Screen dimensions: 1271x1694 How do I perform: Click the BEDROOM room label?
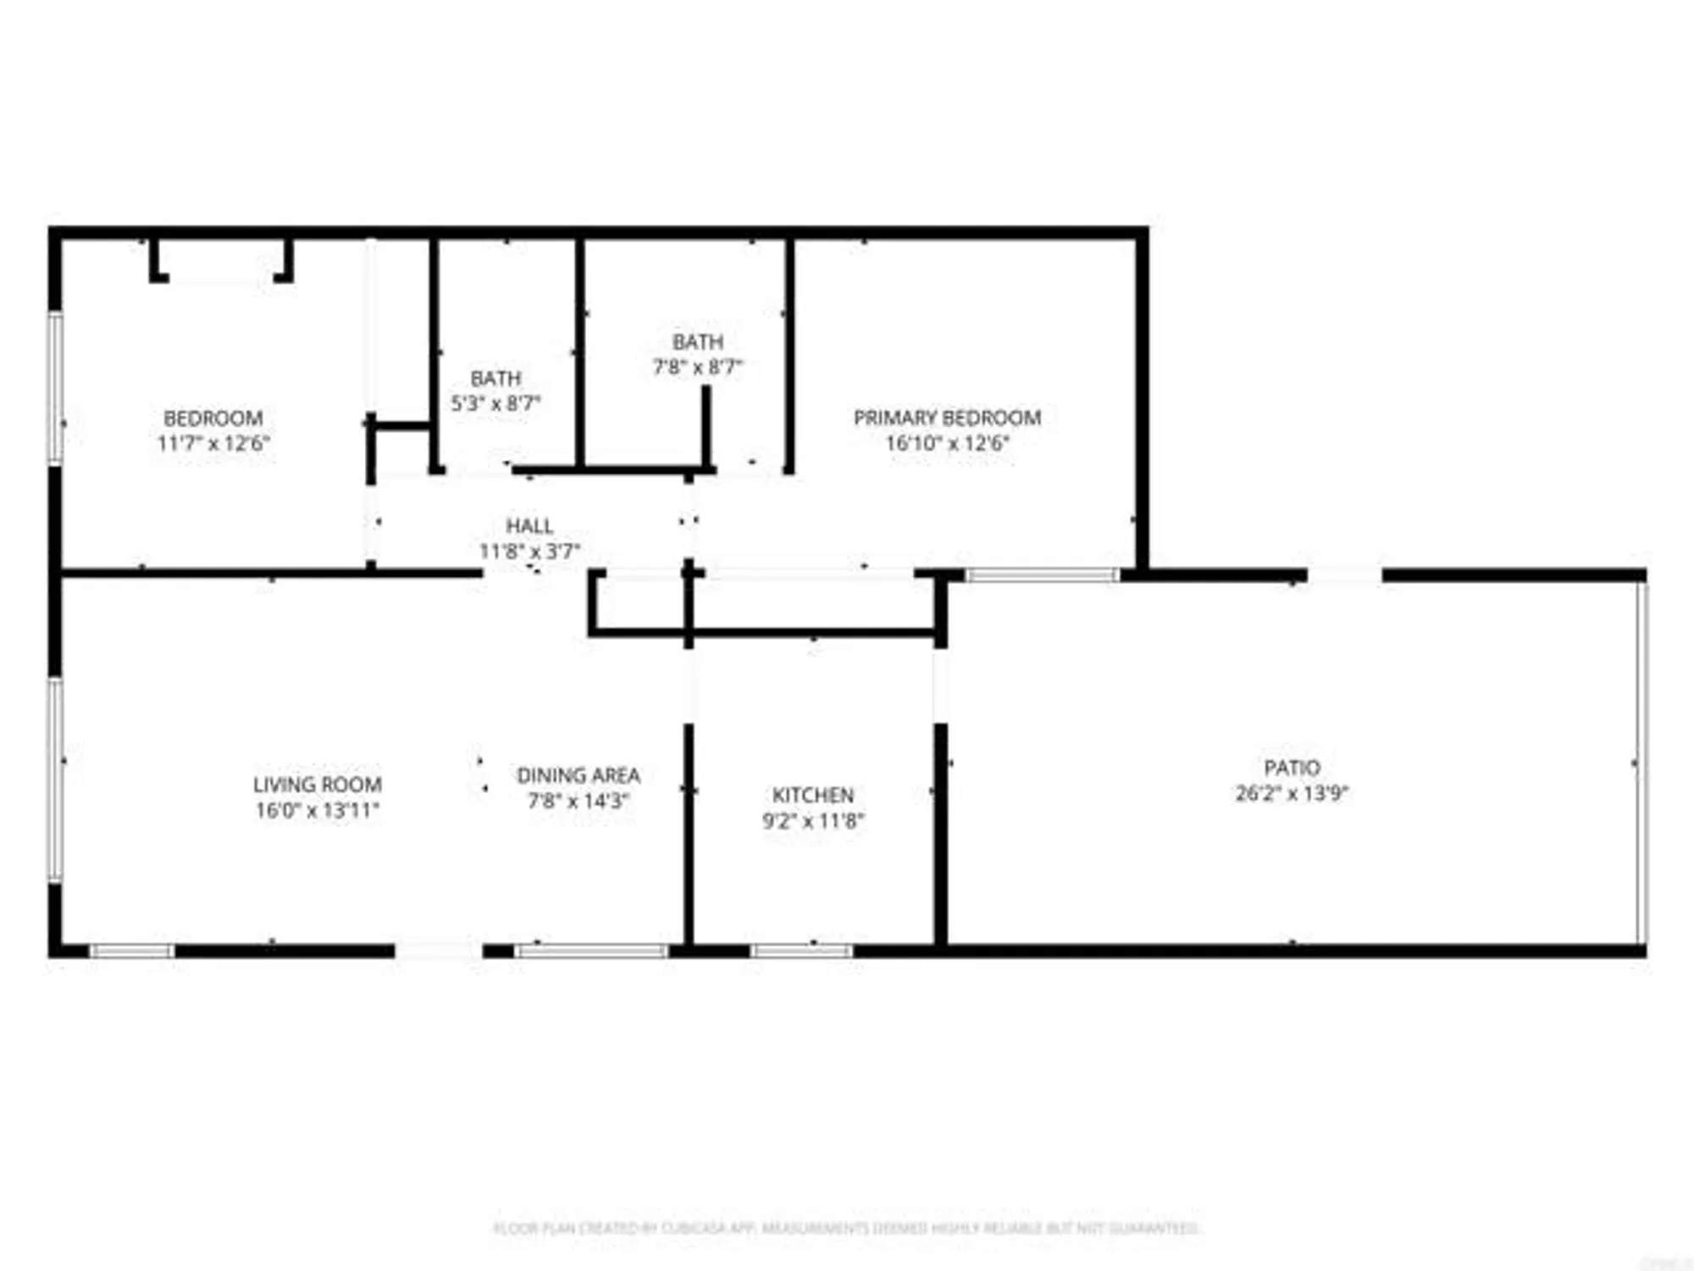click(x=213, y=418)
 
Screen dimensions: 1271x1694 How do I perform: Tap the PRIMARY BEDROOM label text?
click(x=947, y=418)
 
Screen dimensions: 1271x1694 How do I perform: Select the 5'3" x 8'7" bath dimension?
click(x=495, y=403)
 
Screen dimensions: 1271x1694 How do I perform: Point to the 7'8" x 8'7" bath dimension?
click(x=697, y=367)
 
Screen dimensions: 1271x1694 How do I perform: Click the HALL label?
click(x=529, y=525)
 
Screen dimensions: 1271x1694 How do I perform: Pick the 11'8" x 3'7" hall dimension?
click(x=529, y=552)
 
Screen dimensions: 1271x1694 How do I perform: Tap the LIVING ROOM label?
click(x=318, y=785)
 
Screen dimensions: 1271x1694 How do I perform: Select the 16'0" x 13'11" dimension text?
click(x=318, y=810)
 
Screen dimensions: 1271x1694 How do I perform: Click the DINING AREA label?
click(x=579, y=775)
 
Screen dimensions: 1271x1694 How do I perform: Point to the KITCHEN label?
click(x=812, y=795)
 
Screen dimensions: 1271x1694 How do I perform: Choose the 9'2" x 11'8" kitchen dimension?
click(x=812, y=820)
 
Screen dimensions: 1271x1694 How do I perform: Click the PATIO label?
click(x=1292, y=768)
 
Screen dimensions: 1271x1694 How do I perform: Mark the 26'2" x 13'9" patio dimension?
click(x=1292, y=793)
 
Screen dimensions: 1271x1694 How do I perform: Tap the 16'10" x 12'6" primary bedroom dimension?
click(x=947, y=443)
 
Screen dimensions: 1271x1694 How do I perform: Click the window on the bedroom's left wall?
click(x=56, y=387)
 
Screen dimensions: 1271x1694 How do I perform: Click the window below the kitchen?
click(x=801, y=951)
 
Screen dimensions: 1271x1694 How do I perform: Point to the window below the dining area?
click(x=591, y=951)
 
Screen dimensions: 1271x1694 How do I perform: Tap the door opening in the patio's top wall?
click(x=1344, y=575)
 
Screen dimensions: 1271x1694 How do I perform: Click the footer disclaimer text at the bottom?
click(x=847, y=1228)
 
